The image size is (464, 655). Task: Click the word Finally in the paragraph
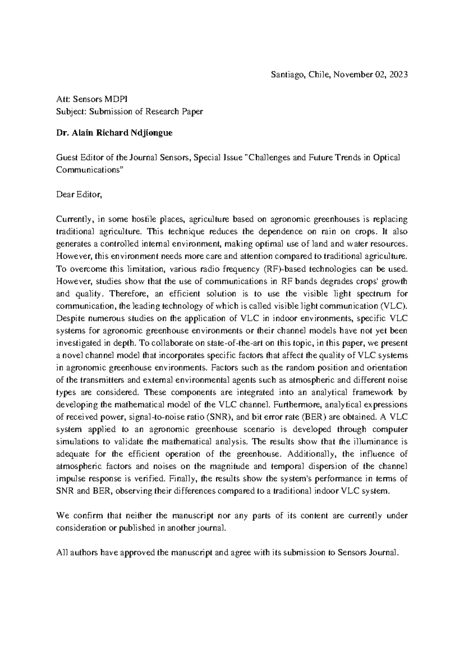click(x=184, y=479)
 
